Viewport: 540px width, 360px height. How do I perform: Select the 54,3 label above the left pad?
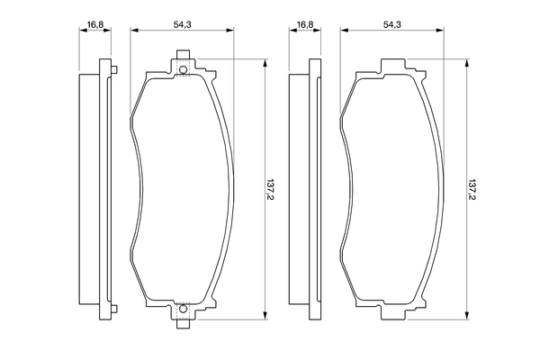[x=183, y=25]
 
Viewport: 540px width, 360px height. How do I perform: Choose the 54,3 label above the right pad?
[x=391, y=25]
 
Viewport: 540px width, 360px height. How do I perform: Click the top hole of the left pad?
[x=183, y=71]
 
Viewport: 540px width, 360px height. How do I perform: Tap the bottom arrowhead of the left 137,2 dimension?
[x=265, y=317]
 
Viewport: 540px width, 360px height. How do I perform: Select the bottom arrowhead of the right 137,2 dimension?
[x=467, y=317]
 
